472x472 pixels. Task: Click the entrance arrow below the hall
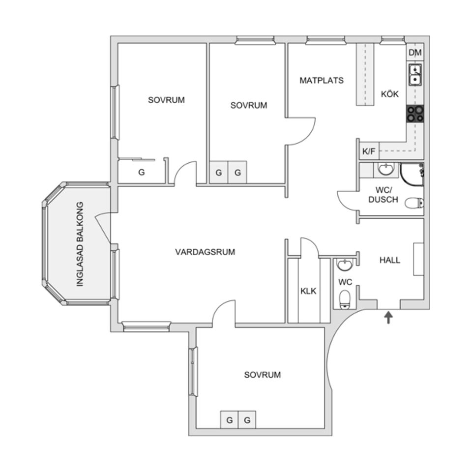(388, 317)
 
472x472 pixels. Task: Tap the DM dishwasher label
(415, 53)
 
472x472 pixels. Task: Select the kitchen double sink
(415, 75)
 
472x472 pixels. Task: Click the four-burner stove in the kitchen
(415, 114)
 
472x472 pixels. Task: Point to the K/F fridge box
(369, 151)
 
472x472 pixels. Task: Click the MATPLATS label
(322, 80)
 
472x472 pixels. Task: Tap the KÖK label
(390, 94)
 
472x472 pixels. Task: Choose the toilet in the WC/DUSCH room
(414, 203)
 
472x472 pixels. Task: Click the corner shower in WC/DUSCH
(412, 175)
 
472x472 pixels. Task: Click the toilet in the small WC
(345, 299)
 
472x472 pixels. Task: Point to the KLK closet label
(308, 291)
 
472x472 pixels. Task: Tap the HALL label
(390, 260)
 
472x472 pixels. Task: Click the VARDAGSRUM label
(205, 252)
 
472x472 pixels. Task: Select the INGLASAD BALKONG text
(80, 244)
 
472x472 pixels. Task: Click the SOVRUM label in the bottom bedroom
(263, 375)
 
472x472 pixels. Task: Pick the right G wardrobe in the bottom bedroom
(247, 419)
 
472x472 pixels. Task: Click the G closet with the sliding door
(141, 172)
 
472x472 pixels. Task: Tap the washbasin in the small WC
(345, 265)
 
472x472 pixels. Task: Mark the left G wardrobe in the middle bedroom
(219, 173)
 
